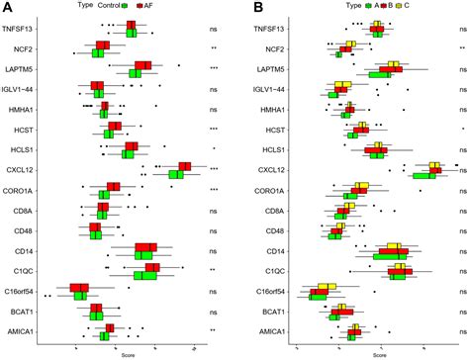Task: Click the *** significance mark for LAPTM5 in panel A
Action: (x=213, y=67)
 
